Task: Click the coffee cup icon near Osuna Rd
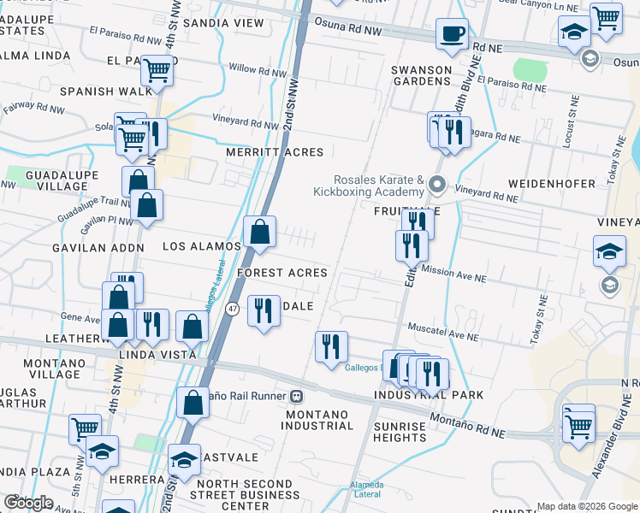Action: (x=452, y=34)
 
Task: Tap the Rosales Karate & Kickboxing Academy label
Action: (x=379, y=186)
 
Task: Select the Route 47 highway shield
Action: (x=232, y=309)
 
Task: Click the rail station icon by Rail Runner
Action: (x=297, y=396)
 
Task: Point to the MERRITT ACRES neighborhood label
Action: (x=275, y=152)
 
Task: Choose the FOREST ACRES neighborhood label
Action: (x=282, y=273)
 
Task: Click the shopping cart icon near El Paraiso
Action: (x=157, y=69)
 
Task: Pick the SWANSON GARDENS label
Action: (x=420, y=75)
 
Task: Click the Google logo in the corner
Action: (x=28, y=502)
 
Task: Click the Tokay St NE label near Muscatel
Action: (x=539, y=320)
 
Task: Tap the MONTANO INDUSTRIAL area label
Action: (x=316, y=420)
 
